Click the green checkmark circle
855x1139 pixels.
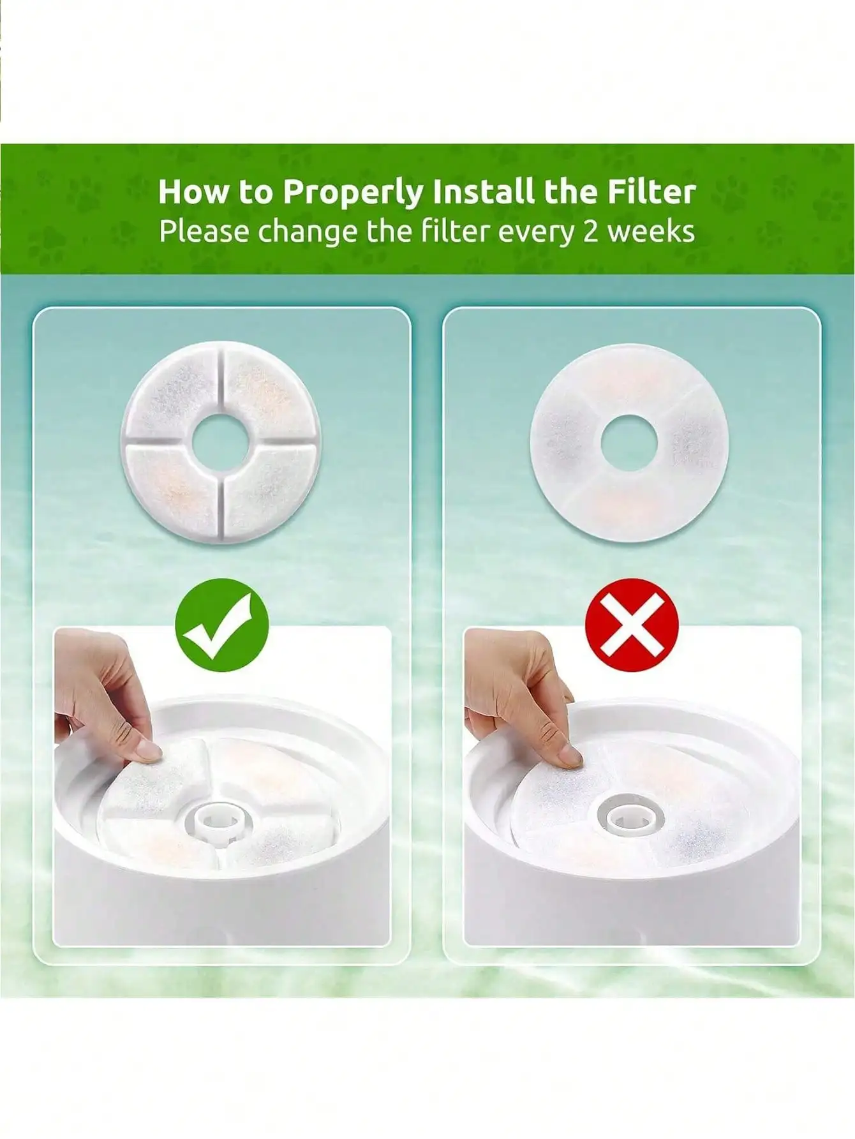(x=222, y=625)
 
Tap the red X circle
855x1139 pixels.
(x=632, y=625)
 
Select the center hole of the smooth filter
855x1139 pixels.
(x=628, y=442)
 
